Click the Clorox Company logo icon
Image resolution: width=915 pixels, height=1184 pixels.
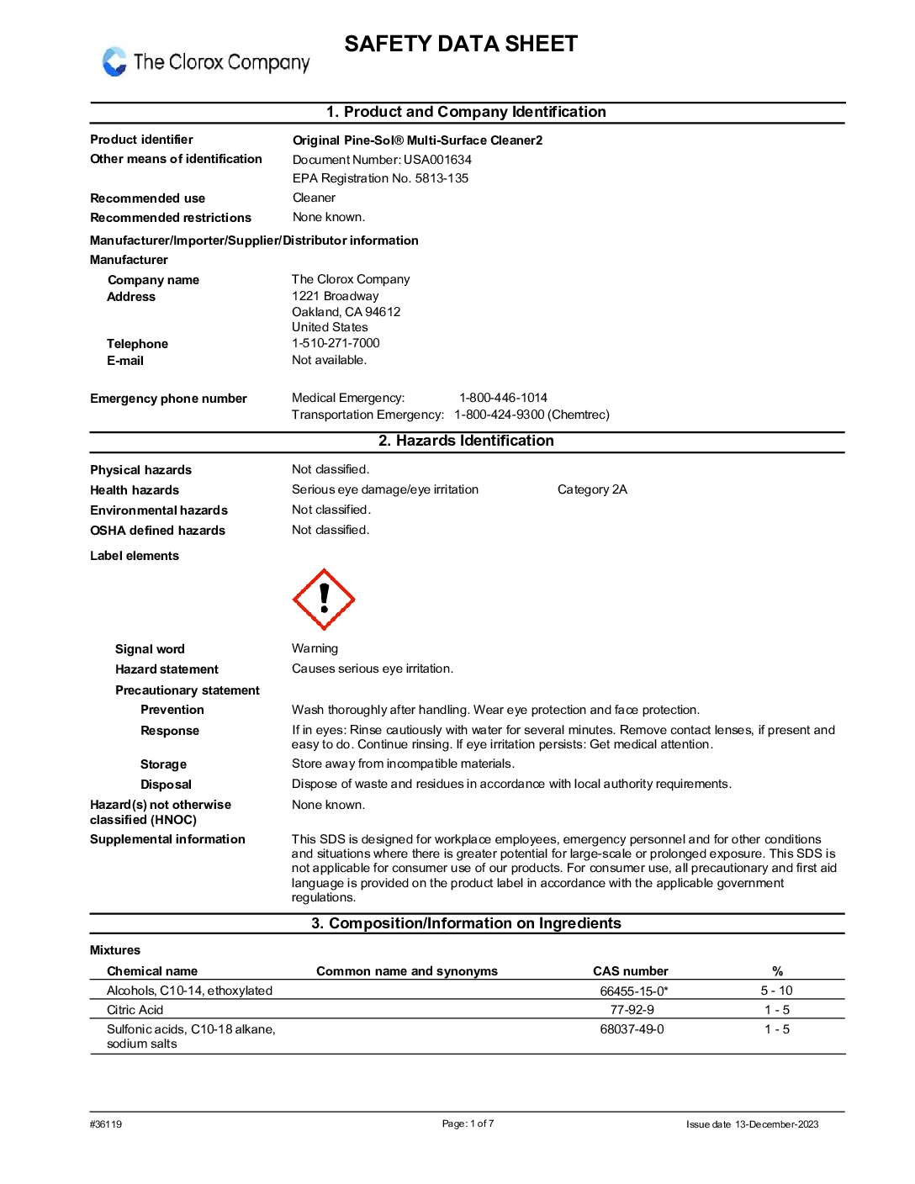(x=114, y=61)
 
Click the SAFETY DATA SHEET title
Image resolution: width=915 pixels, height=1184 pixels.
(x=461, y=44)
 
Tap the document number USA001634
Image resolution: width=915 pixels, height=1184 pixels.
(x=437, y=160)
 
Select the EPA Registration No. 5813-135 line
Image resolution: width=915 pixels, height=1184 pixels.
(x=380, y=178)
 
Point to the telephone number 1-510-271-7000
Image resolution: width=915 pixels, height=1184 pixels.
(x=336, y=343)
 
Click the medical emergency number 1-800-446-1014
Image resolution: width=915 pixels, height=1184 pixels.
(x=503, y=398)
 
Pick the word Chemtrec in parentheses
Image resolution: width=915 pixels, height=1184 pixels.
(x=579, y=415)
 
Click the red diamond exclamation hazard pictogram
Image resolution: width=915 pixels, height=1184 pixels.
(x=324, y=599)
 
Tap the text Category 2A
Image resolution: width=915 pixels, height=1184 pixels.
(x=592, y=489)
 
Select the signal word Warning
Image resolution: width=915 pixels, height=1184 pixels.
(x=315, y=648)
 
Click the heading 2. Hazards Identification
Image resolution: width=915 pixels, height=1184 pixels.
(x=466, y=441)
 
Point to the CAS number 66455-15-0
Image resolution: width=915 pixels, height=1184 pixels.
(x=632, y=991)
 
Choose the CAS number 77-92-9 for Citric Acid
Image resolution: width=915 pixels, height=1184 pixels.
(x=632, y=1010)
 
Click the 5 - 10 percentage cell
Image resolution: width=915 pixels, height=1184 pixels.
(x=776, y=991)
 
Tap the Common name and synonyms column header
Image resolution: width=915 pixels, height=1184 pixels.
(x=407, y=971)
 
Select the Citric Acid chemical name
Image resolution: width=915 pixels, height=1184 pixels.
(x=135, y=1010)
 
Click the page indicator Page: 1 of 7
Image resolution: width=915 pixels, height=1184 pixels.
(x=468, y=1123)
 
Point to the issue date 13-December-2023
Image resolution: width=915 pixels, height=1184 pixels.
(x=776, y=1124)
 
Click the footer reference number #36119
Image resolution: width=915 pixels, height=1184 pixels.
(x=106, y=1124)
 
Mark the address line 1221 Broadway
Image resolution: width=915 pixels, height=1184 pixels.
(x=336, y=296)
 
